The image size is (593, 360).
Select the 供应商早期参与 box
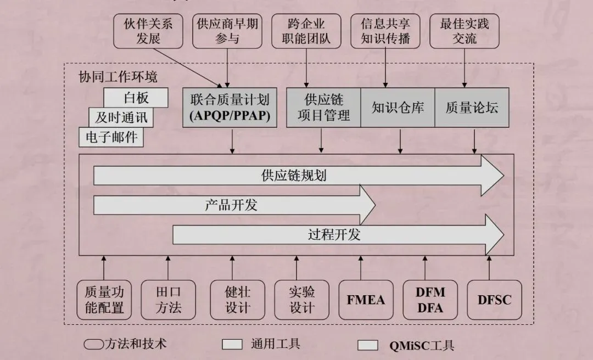(x=227, y=31)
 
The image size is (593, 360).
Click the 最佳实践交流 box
(x=465, y=31)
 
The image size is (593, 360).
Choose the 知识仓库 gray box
(x=398, y=108)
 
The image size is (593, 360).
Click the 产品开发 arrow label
(x=231, y=206)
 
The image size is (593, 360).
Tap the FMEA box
(x=366, y=300)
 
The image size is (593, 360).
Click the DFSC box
(x=494, y=300)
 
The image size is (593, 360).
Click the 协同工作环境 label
(x=118, y=76)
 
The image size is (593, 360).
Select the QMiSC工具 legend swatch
(x=368, y=345)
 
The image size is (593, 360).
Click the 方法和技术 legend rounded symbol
(x=94, y=345)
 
